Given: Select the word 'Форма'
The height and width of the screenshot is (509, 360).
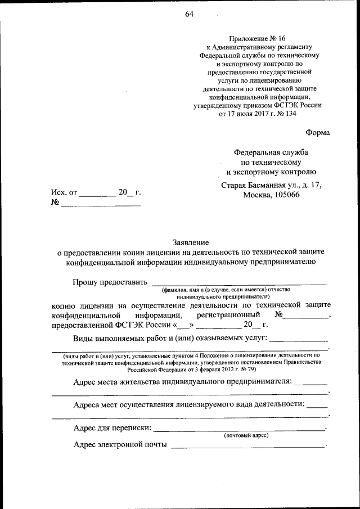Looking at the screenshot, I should tap(318, 133).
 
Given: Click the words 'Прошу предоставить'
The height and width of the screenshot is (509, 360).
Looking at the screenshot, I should tap(110, 281).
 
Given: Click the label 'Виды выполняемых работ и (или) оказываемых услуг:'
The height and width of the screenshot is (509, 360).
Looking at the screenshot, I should tap(171, 338).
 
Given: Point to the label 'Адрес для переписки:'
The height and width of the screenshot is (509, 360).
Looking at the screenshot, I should tap(112, 428).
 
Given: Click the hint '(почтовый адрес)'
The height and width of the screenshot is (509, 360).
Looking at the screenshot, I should tap(246, 435).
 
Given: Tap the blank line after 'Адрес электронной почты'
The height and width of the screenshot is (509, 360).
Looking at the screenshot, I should tap(247, 446).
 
